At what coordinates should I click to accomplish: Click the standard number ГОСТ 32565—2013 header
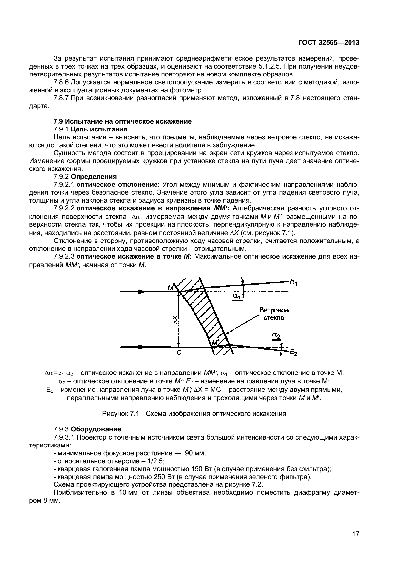pyautogui.click(x=329, y=43)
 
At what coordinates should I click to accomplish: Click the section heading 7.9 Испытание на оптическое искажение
pyautogui.click(x=122, y=121)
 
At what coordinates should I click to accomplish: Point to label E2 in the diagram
pyautogui.click(x=294, y=352)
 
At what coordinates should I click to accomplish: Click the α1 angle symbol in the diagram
pyautogui.click(x=236, y=297)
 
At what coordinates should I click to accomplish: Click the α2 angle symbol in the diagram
pyautogui.click(x=276, y=335)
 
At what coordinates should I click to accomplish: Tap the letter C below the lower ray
pyautogui.click(x=179, y=353)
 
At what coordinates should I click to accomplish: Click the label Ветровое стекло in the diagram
pyautogui.click(x=274, y=314)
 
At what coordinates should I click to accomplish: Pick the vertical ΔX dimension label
pyautogui.click(x=175, y=320)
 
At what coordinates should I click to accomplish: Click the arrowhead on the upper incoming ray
pyautogui.click(x=142, y=292)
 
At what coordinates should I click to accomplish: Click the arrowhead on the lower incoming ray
pyautogui.click(x=142, y=347)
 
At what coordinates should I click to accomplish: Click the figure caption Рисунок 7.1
pyautogui.click(x=194, y=414)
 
